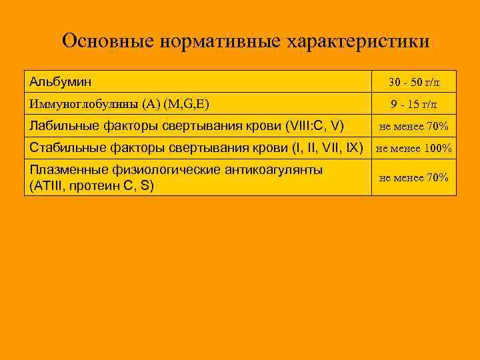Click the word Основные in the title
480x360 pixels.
pyautogui.click(x=108, y=41)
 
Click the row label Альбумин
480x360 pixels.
pyautogui.click(x=60, y=81)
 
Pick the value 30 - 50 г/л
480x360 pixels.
pyautogui.click(x=414, y=83)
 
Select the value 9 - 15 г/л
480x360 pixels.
pyautogui.click(x=414, y=104)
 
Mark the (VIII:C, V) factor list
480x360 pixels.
pyautogui.click(x=314, y=124)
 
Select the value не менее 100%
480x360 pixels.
pyautogui.click(x=414, y=148)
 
